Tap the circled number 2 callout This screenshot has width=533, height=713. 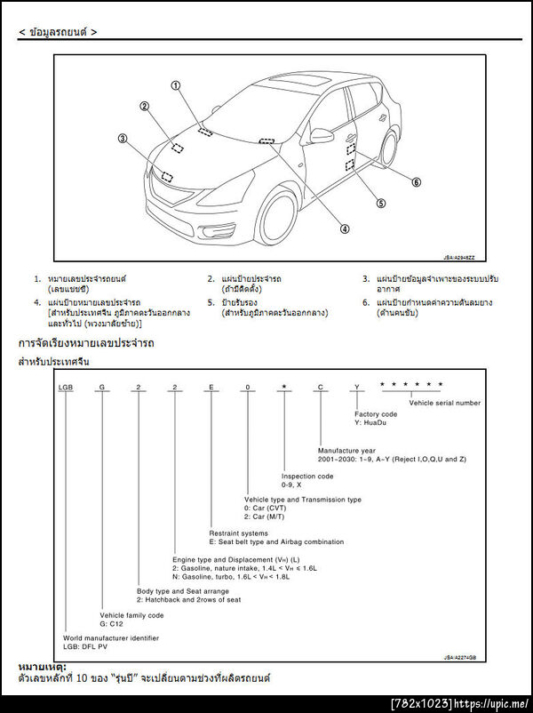[x=144, y=107]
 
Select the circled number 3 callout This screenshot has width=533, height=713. [x=123, y=139]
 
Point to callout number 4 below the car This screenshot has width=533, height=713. [x=345, y=228]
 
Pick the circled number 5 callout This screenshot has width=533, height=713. [x=381, y=203]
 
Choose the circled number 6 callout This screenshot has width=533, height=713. [x=416, y=182]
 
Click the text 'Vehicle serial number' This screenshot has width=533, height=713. [x=444, y=403]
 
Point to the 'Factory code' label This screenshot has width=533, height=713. [x=376, y=414]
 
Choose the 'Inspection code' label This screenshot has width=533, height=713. [x=307, y=477]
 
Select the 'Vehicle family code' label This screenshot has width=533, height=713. [x=131, y=615]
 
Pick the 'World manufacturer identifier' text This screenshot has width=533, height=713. [x=111, y=638]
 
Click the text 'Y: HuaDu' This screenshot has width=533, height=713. [x=370, y=422]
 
